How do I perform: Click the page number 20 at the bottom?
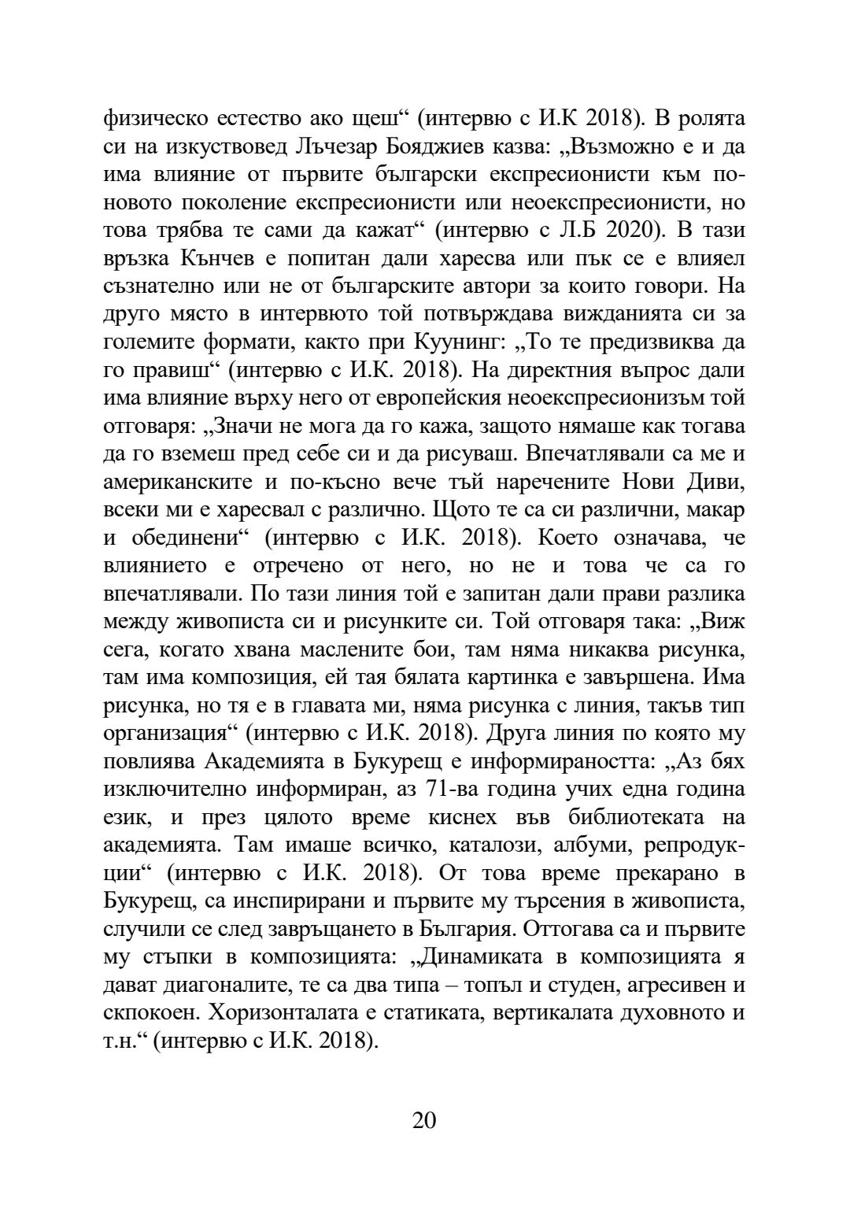click(424, 1119)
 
